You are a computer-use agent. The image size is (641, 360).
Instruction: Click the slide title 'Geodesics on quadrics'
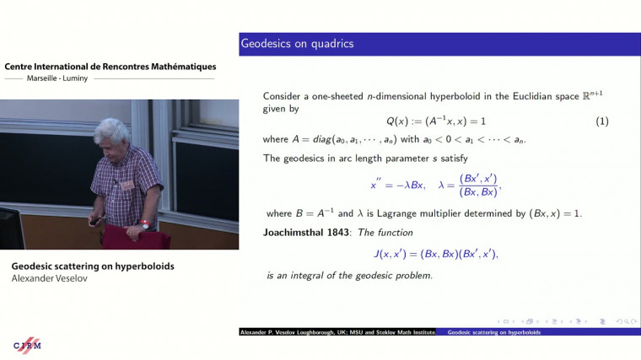tap(297, 43)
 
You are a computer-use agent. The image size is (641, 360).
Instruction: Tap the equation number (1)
tap(602, 121)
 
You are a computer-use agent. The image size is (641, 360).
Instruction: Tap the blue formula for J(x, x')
tap(436, 254)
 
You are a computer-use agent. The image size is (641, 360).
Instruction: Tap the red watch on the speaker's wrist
tap(145, 224)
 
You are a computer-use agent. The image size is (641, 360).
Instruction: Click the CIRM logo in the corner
tap(28, 346)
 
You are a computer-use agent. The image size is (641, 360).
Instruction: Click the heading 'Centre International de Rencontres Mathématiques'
tap(110, 67)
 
